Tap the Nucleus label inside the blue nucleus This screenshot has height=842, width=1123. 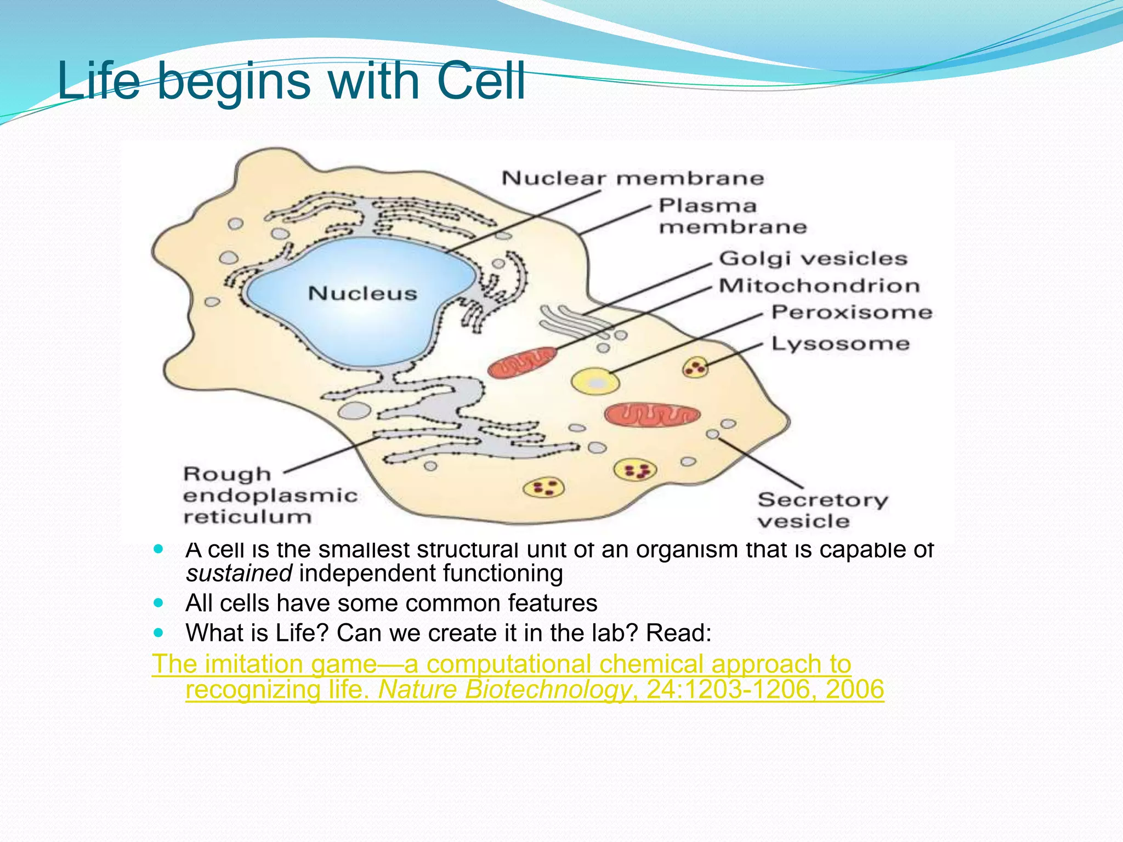pos(362,293)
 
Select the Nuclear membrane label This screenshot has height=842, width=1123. pos(632,178)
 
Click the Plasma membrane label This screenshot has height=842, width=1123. pos(731,216)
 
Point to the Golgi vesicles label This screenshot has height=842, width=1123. pos(813,258)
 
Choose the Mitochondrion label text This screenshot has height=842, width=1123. pos(819,286)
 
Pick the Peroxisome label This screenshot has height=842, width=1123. pos(852,312)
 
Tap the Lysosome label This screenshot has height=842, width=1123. pos(840,344)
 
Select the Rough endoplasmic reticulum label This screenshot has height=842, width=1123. pos(269,495)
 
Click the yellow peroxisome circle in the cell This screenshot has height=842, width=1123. pos(595,382)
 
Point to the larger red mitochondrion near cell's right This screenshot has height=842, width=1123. pos(652,415)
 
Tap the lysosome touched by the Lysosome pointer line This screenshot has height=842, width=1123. pos(695,367)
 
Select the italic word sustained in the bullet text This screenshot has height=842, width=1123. pos(239,573)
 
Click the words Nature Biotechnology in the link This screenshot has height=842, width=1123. pos(504,689)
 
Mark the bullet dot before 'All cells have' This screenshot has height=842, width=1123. pos(159,603)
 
